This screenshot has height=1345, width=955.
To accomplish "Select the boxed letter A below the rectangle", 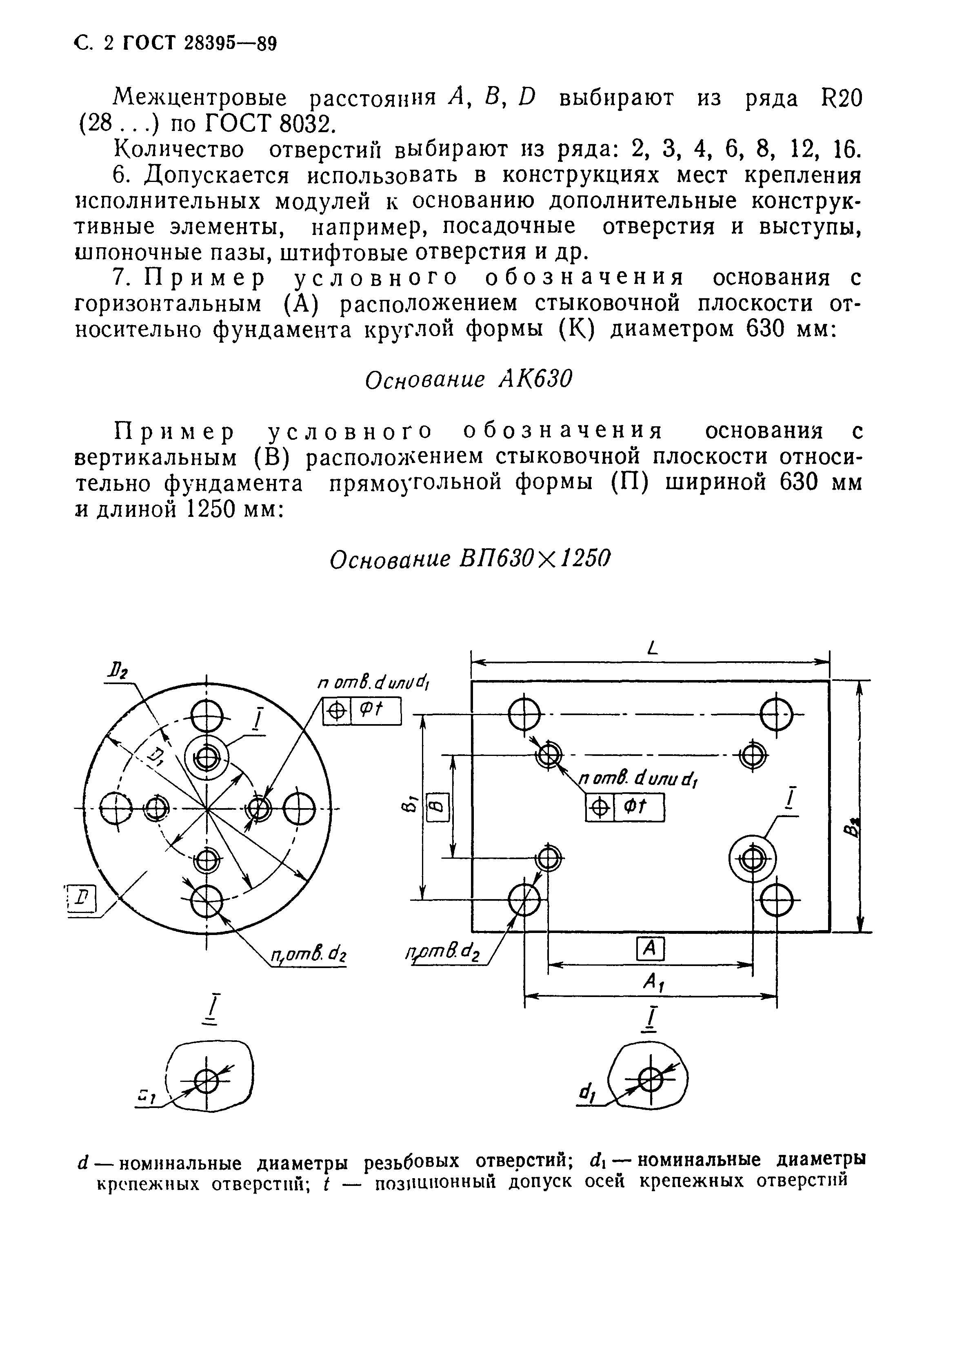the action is (651, 948).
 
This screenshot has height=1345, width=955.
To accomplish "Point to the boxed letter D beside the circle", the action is (84, 899).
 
